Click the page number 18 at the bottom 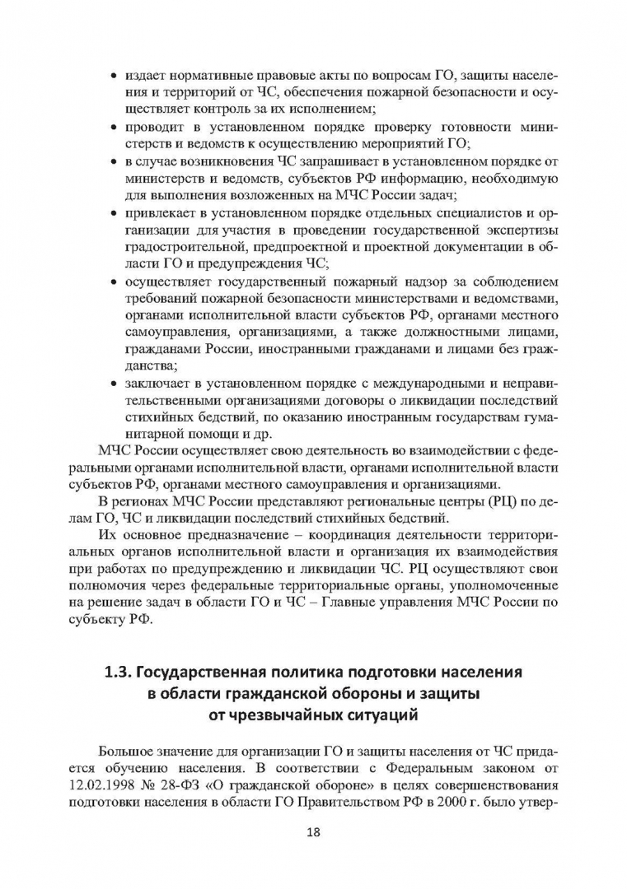point(313,831)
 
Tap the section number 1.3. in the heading point(119,672)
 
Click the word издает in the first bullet point(146,77)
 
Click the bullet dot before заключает point(113,384)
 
